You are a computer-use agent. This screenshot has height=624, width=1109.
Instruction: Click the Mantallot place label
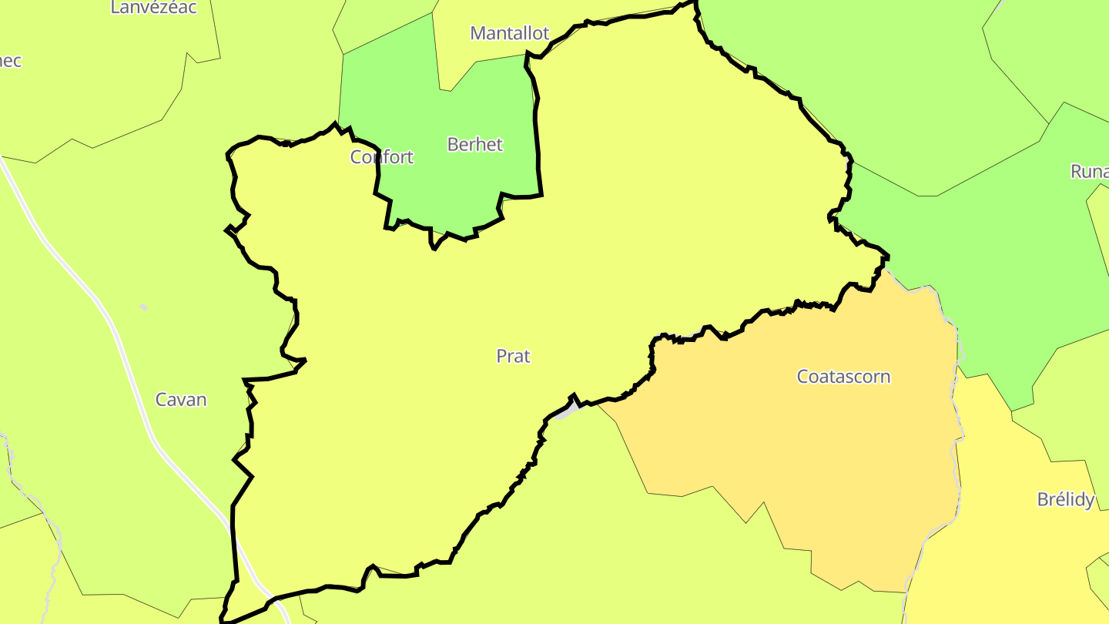(510, 33)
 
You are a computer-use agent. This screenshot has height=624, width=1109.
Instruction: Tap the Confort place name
(382, 157)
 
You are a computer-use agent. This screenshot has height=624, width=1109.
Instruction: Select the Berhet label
(474, 144)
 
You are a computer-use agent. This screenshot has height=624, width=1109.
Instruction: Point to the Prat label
(514, 356)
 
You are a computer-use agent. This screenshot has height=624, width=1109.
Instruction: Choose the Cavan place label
(181, 399)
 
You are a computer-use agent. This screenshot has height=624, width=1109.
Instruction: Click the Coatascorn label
(843, 377)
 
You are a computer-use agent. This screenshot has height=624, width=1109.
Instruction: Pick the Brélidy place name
(1066, 499)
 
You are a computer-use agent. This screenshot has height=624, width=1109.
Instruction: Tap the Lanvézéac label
(154, 8)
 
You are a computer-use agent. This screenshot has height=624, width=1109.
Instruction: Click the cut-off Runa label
(1089, 171)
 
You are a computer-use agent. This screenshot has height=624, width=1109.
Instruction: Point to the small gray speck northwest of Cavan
(143, 307)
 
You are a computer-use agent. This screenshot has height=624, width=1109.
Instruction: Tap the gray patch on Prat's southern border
(565, 413)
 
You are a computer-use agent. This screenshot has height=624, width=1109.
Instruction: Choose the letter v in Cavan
(185, 400)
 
